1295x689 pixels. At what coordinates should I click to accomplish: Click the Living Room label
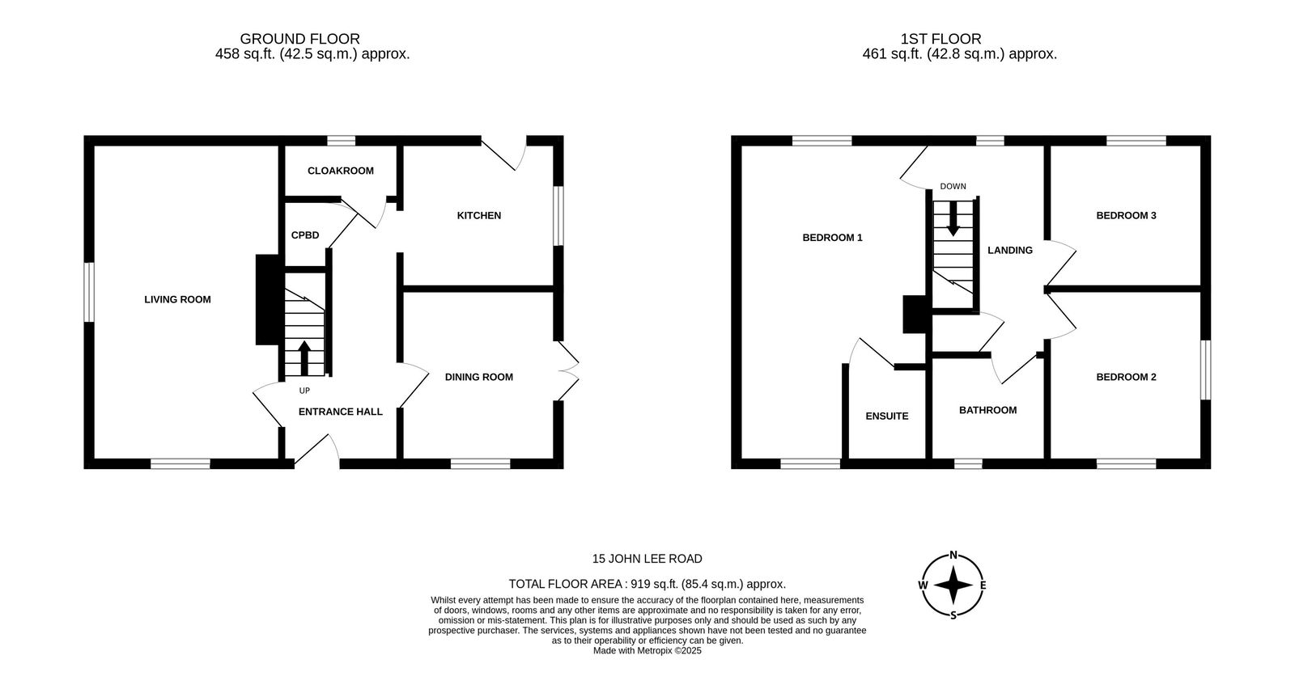pyautogui.click(x=177, y=299)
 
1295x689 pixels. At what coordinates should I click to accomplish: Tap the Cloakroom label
pyautogui.click(x=341, y=171)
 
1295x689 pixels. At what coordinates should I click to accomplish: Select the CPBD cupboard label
pyautogui.click(x=304, y=235)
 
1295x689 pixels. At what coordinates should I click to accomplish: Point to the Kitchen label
pyautogui.click(x=478, y=215)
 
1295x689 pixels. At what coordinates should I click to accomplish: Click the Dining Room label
pyautogui.click(x=478, y=377)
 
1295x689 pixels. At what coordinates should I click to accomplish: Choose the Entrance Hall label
pyautogui.click(x=341, y=412)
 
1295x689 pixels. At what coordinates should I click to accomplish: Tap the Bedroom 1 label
pyautogui.click(x=833, y=238)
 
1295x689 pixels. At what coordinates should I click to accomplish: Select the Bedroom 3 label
pyautogui.click(x=1126, y=215)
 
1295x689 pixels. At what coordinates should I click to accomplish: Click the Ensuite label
pyautogui.click(x=887, y=416)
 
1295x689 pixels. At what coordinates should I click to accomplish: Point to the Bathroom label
pyautogui.click(x=988, y=410)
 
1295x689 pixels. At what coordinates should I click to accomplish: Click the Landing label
pyautogui.click(x=1010, y=250)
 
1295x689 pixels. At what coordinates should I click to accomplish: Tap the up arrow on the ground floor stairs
pyautogui.click(x=304, y=358)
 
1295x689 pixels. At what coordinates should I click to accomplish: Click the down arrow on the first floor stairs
pyautogui.click(x=953, y=218)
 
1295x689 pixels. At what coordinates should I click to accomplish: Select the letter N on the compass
pyautogui.click(x=954, y=556)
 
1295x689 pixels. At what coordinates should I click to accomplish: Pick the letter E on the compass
pyautogui.click(x=983, y=585)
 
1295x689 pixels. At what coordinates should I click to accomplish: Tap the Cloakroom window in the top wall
pyautogui.click(x=341, y=141)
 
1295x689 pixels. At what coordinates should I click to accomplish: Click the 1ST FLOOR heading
pyautogui.click(x=940, y=39)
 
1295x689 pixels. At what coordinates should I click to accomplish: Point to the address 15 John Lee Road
pyautogui.click(x=647, y=559)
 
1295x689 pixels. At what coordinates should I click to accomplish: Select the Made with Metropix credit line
pyautogui.click(x=647, y=650)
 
